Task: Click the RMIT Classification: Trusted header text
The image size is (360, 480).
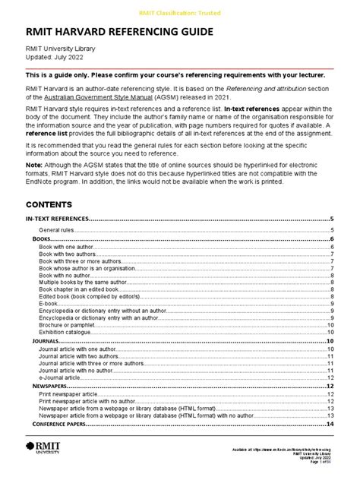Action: click(179, 14)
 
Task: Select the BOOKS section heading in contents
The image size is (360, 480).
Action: click(41, 239)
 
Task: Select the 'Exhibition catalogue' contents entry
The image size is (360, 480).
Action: click(68, 330)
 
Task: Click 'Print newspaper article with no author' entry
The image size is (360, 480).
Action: click(94, 401)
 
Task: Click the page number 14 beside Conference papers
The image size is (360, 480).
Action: click(330, 425)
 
